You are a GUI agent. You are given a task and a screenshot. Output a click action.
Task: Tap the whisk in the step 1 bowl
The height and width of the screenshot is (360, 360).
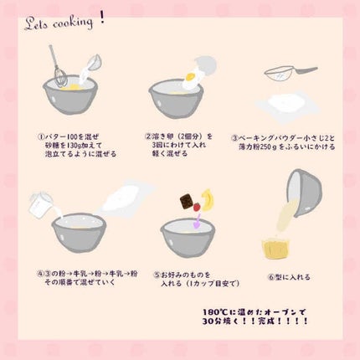(59, 67)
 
